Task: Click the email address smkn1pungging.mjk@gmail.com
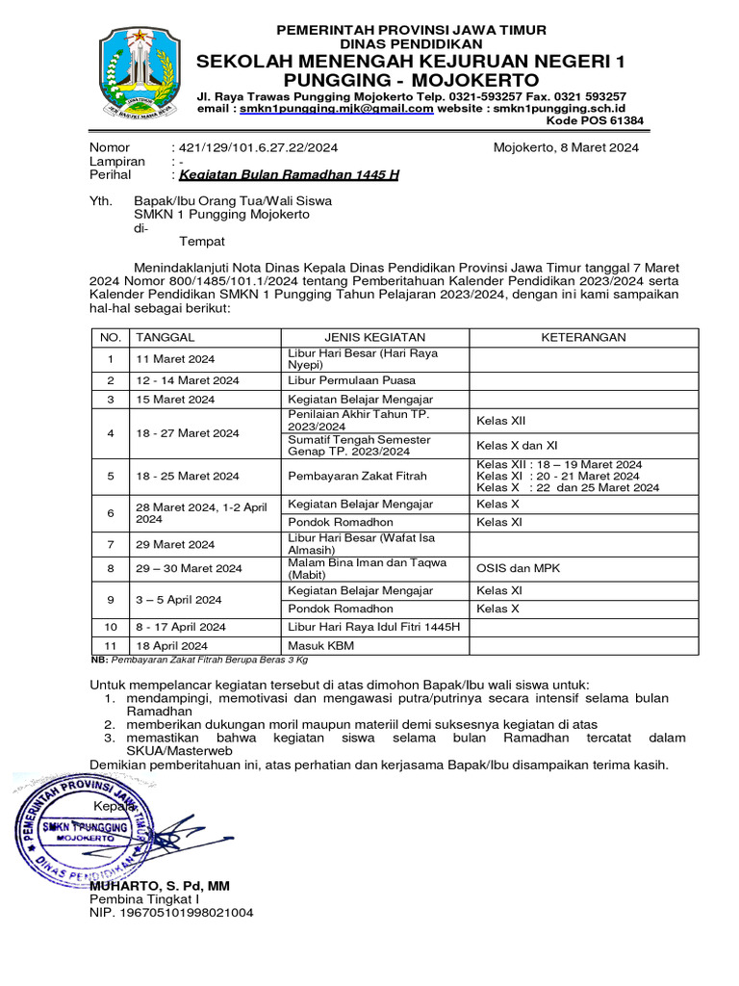(x=336, y=109)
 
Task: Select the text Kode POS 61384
(x=595, y=121)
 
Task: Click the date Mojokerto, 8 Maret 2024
(x=566, y=147)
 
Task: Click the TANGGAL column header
(x=166, y=337)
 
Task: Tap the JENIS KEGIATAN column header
(x=374, y=337)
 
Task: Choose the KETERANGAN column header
(x=583, y=337)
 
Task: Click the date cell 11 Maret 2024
(x=175, y=359)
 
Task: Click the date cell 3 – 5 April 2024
(x=179, y=599)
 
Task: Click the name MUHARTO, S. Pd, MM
(x=160, y=885)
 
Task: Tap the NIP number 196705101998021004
(x=171, y=912)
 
